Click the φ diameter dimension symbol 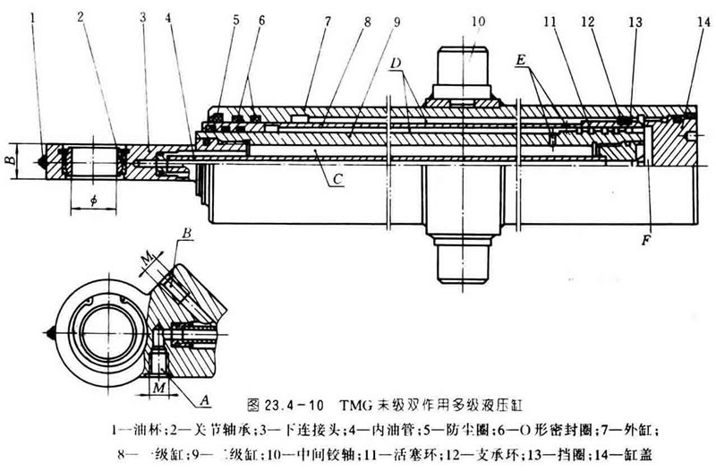(x=93, y=200)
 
